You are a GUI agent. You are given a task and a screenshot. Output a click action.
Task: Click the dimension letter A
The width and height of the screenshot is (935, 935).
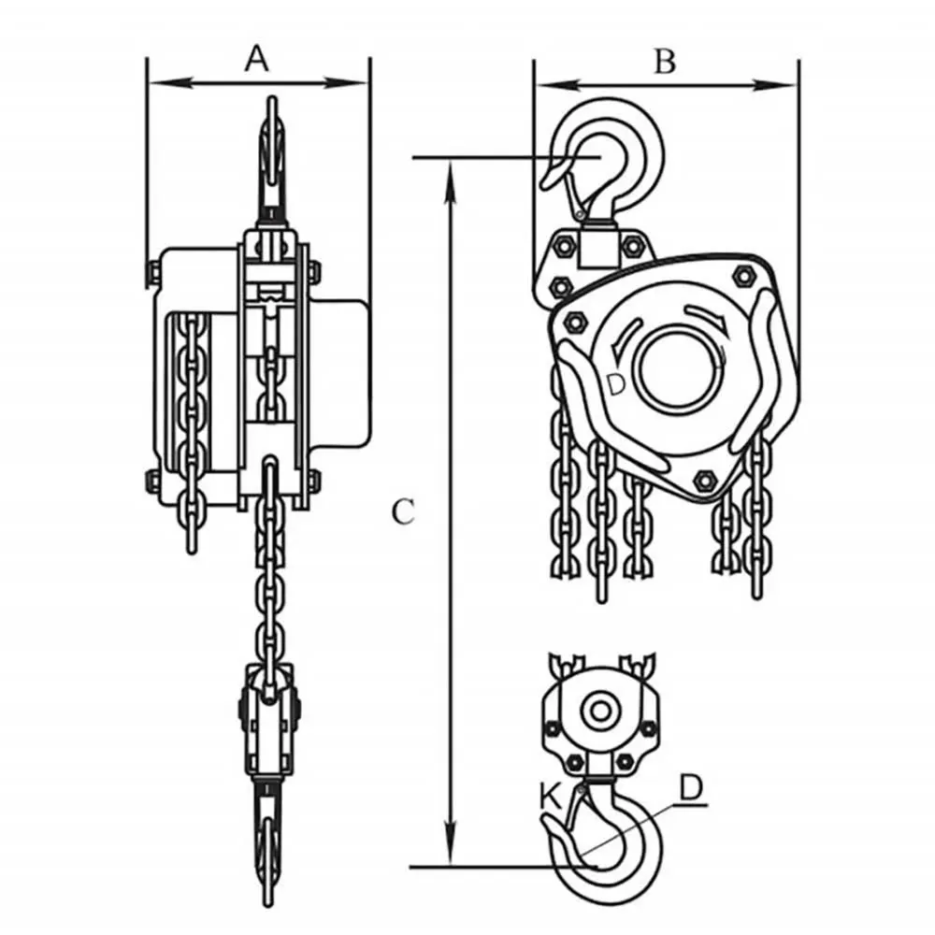[256, 59]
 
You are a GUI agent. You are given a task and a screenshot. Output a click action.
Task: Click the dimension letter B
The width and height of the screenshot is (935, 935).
[665, 62]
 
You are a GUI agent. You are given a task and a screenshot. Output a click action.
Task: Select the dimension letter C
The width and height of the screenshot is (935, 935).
[403, 511]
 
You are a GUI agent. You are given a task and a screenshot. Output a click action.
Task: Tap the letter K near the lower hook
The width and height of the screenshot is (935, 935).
[551, 797]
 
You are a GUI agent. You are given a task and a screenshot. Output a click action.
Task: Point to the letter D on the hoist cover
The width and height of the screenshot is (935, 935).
[616, 384]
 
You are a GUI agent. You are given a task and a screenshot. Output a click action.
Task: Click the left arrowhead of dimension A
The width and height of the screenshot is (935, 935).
[170, 82]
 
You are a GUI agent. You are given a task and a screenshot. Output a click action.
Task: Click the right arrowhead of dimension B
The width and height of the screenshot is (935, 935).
[776, 85]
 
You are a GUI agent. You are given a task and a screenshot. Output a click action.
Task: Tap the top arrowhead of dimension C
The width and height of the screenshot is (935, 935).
[452, 181]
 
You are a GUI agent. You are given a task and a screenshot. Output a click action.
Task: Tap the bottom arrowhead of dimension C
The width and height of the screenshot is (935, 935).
[452, 843]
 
